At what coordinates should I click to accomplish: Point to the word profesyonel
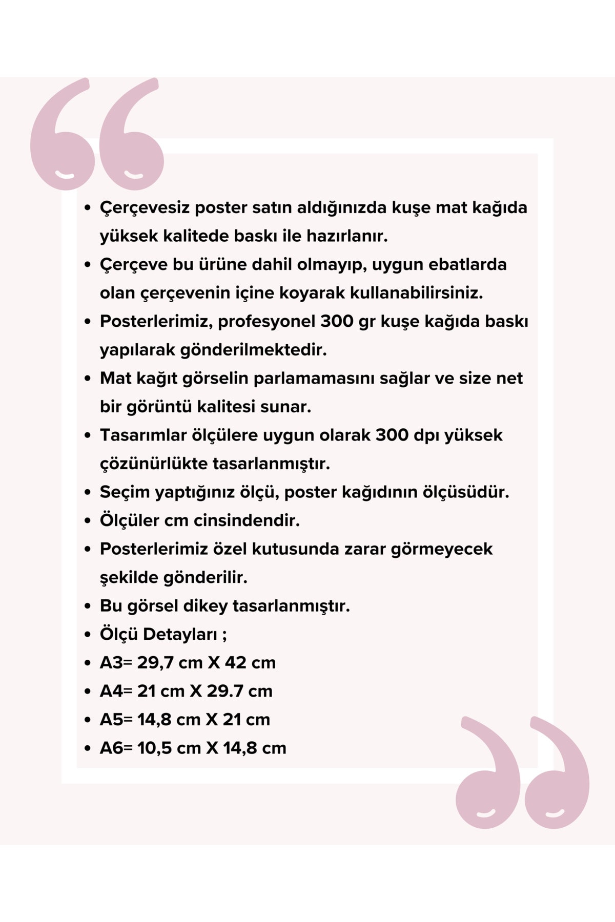(266, 322)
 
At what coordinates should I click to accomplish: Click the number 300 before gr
(337, 321)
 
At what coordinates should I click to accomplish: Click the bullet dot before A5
(88, 720)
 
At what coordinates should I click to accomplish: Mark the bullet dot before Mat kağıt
(88, 379)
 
